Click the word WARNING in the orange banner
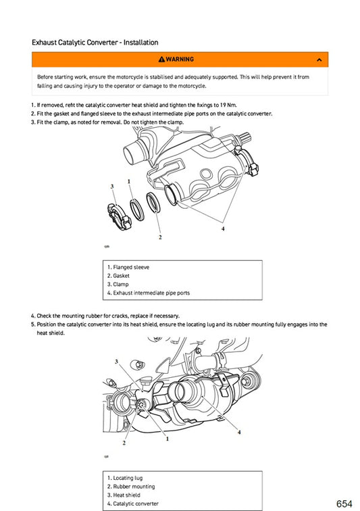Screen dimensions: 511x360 180,59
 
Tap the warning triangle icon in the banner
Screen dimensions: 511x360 161,59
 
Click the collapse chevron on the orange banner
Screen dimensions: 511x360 319,60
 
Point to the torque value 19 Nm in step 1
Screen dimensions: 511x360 227,105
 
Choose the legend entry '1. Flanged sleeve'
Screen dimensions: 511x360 128,267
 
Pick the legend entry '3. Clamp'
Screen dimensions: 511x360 118,285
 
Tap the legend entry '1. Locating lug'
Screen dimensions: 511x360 124,478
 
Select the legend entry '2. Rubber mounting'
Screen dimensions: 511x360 130,487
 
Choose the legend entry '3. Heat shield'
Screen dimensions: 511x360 124,495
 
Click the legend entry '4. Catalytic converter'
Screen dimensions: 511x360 132,504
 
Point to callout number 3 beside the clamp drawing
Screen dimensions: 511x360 112,186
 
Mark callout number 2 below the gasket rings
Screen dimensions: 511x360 160,237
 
